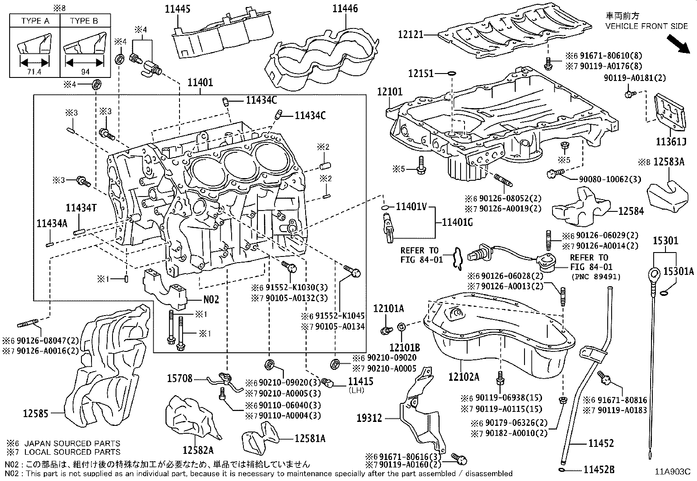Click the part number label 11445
point(178,9)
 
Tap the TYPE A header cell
point(35,21)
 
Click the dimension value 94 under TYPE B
point(85,72)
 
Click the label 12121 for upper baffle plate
point(411,34)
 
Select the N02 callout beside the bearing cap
point(211,300)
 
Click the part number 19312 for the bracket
point(370,418)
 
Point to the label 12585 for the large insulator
point(36,412)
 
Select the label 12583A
point(669,162)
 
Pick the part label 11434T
point(81,208)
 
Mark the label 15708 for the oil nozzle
point(180,378)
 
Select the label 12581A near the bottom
point(310,438)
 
